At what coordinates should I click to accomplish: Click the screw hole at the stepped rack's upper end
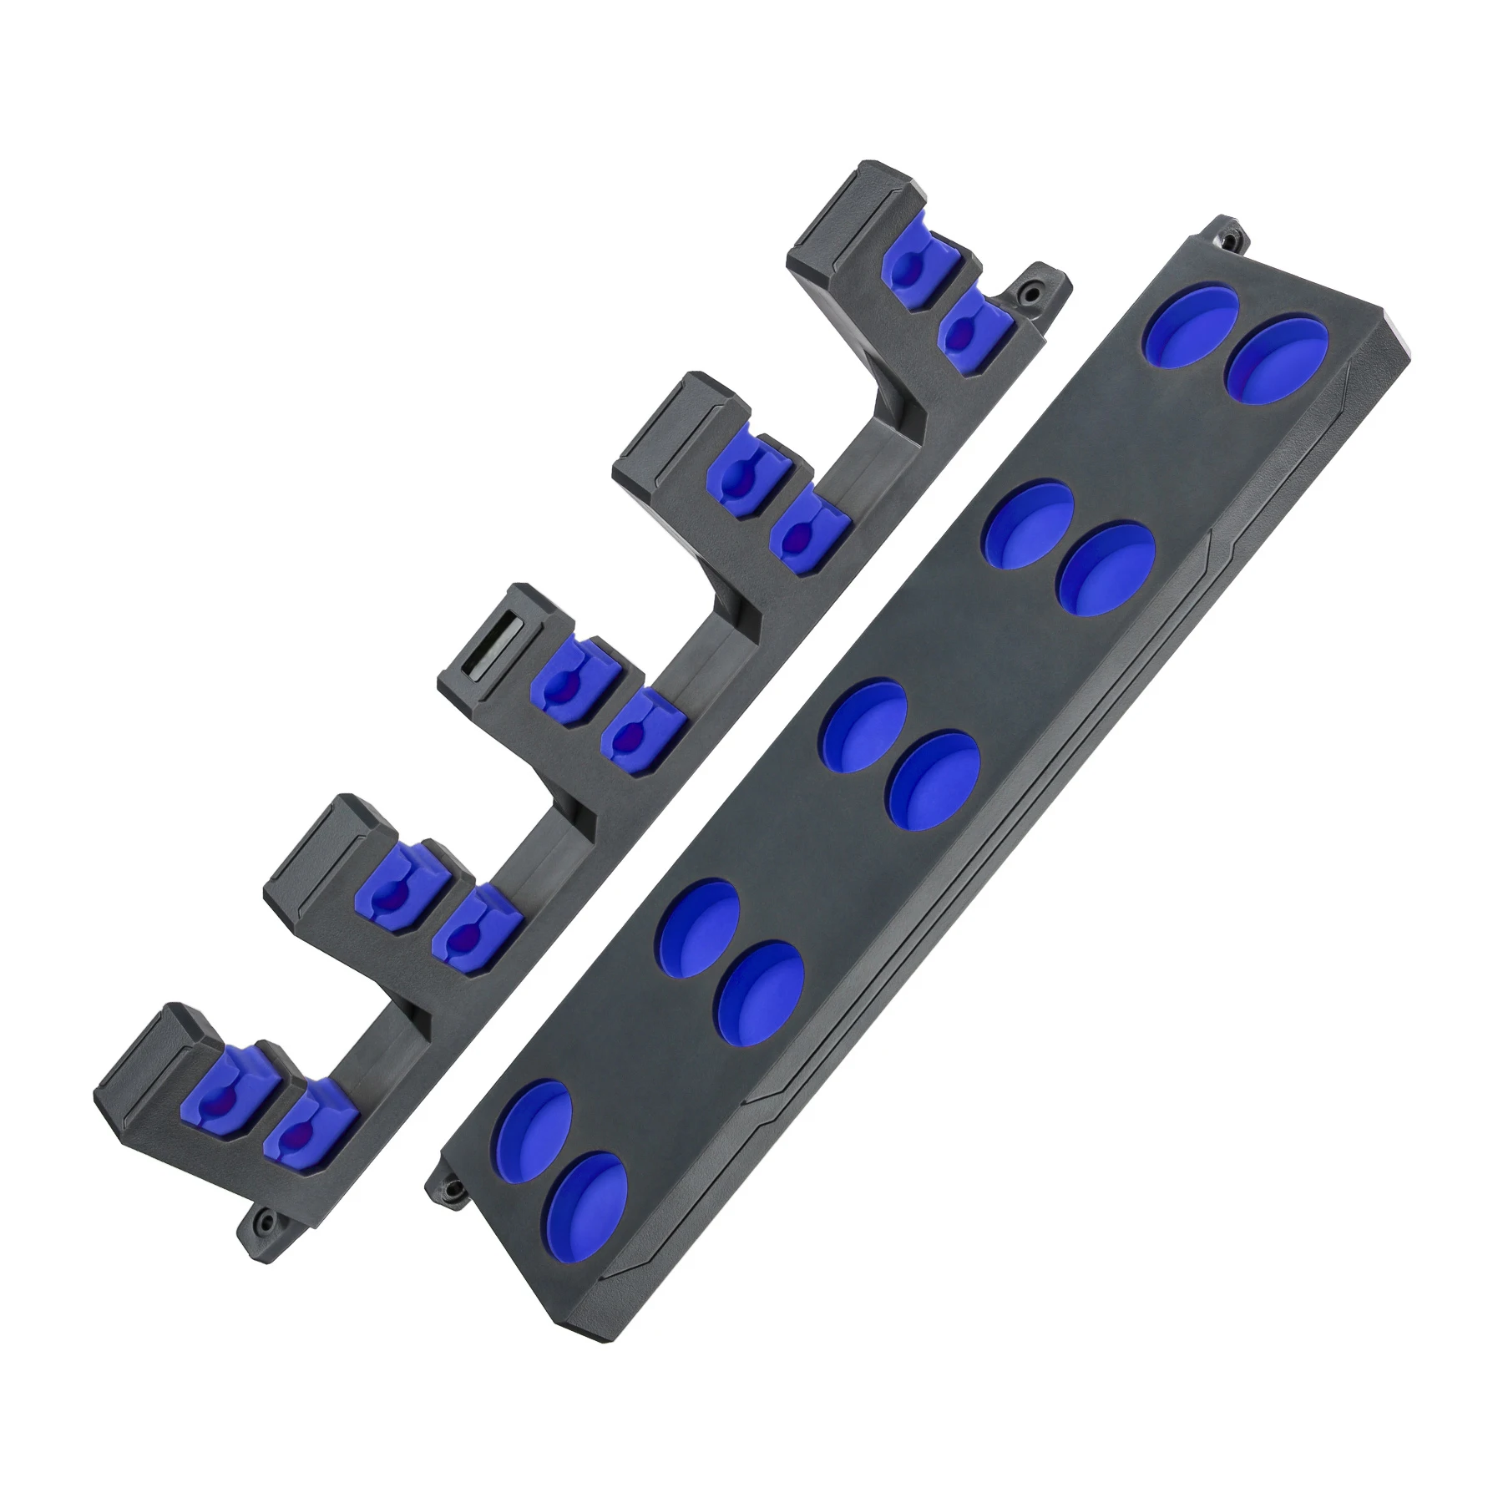pos(1034,292)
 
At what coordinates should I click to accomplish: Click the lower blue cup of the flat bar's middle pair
pos(933,778)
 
